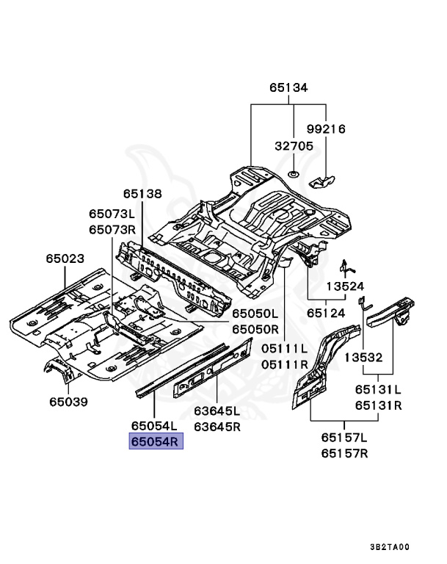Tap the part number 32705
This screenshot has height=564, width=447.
(x=294, y=146)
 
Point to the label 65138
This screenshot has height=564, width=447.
(x=142, y=194)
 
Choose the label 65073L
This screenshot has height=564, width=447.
(x=112, y=214)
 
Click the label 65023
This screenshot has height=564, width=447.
(x=65, y=259)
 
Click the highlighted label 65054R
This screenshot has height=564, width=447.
(x=155, y=441)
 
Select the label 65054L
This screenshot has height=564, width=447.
(x=155, y=426)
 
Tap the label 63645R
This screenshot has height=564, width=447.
(x=218, y=426)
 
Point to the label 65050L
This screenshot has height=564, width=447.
(x=255, y=314)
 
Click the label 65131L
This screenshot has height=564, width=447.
(x=378, y=390)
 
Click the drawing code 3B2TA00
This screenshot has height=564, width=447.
(x=389, y=547)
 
